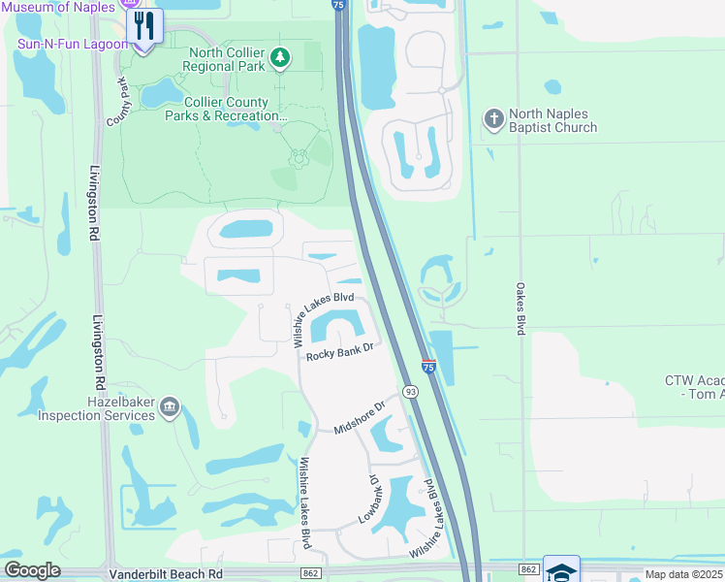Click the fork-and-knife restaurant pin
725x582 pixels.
[x=144, y=26]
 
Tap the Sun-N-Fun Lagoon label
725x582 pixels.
[x=73, y=45]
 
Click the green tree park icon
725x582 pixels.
[x=280, y=59]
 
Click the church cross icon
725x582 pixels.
[x=493, y=118]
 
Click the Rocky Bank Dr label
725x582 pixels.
[x=340, y=354]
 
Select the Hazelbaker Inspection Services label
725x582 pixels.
[x=96, y=408]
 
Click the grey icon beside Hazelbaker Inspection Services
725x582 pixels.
[x=170, y=405]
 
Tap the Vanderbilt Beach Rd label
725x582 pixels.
[x=166, y=573]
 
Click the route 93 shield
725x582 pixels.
[x=411, y=392]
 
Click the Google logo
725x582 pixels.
[x=32, y=570]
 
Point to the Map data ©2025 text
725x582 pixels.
[x=683, y=574]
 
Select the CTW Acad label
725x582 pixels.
[x=694, y=387]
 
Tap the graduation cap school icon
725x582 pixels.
[x=561, y=570]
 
